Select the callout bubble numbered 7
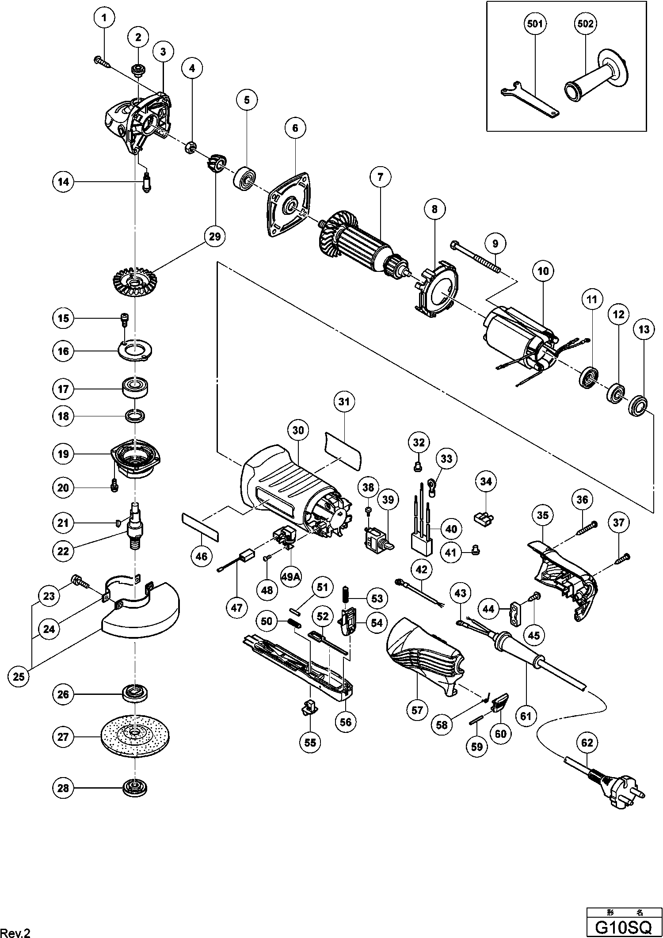[x=381, y=178]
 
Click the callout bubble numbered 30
[x=298, y=430]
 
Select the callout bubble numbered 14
[x=63, y=182]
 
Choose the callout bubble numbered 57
[x=417, y=710]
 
